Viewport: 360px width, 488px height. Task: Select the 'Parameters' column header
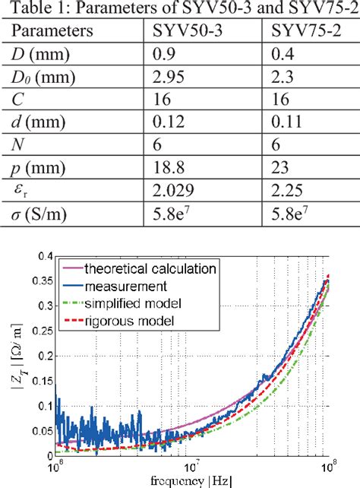click(x=52, y=32)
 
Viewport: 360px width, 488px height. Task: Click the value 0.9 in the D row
click(x=162, y=54)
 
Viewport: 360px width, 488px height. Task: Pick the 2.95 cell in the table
click(x=166, y=76)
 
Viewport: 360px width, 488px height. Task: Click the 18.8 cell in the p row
click(x=166, y=164)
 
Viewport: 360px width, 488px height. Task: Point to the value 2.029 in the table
click(x=170, y=186)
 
